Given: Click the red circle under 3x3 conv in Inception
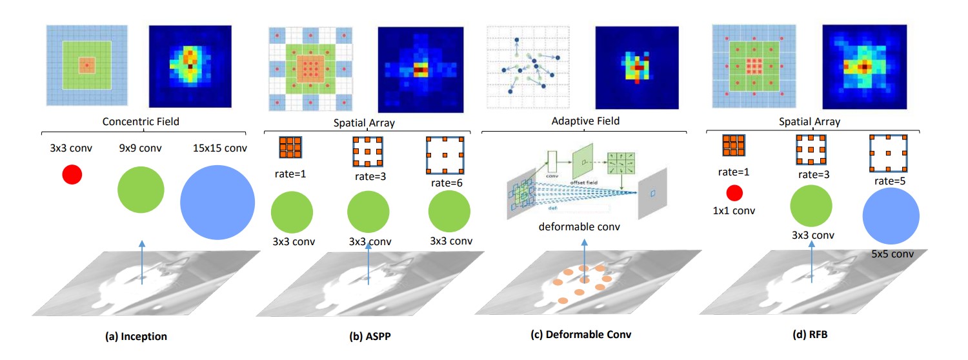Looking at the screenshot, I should tap(72, 174).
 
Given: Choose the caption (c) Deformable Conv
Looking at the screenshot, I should tap(585, 335).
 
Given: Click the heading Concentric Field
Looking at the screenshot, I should tap(141, 121).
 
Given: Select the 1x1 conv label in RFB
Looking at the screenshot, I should tap(734, 210).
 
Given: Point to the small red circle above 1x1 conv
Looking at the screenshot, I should tap(734, 193).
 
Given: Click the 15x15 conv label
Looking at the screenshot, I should tap(217, 148).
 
